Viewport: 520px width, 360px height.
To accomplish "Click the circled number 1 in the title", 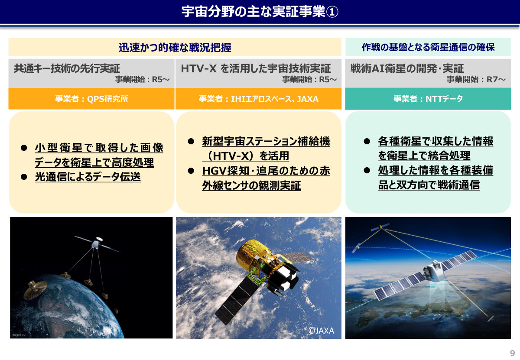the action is pyautogui.click(x=332, y=12).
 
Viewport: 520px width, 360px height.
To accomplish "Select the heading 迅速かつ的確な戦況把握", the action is pyautogui.click(x=175, y=47).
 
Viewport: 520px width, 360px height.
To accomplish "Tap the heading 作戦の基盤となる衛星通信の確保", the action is pyautogui.click(x=428, y=47).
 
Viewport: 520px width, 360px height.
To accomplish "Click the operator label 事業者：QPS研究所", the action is pyautogui.click(x=91, y=99).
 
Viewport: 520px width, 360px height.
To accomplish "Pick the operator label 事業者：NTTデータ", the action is pyautogui.click(x=428, y=99).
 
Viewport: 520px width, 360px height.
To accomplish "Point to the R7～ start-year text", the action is pyautogui.click(x=496, y=79).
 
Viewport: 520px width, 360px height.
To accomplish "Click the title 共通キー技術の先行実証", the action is pyautogui.click(x=67, y=68).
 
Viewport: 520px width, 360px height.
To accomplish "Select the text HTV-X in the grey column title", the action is pyautogui.click(x=198, y=68).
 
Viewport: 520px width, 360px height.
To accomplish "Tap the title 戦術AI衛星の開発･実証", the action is pyautogui.click(x=407, y=68).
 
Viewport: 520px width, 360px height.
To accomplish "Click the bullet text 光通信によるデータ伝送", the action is pyautogui.click(x=88, y=177).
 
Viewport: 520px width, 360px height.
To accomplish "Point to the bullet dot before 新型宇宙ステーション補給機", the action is pyautogui.click(x=191, y=141).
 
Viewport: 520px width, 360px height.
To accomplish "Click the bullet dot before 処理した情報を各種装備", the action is pyautogui.click(x=367, y=170).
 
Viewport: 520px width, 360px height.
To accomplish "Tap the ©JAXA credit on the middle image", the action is pyautogui.click(x=321, y=331).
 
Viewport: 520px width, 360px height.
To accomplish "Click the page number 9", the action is pyautogui.click(x=512, y=353).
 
